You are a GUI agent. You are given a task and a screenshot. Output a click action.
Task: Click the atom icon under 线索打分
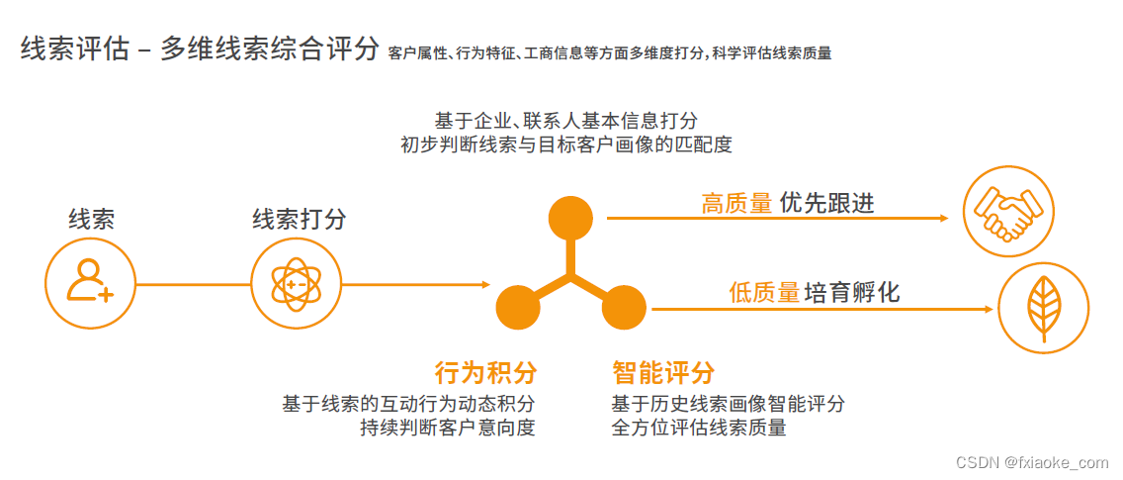tap(296, 284)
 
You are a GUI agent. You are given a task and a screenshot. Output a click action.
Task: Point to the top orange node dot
tap(570, 217)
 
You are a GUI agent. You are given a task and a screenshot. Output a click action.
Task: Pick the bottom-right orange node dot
tap(624, 308)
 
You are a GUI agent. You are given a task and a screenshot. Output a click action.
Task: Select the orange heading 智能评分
tap(662, 373)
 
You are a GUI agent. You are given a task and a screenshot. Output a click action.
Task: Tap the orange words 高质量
tap(736, 204)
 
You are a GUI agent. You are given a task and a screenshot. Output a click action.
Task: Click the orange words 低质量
tap(763, 293)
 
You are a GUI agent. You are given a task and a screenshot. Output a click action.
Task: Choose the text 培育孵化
tap(852, 293)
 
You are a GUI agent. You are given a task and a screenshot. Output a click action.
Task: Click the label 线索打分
tap(300, 219)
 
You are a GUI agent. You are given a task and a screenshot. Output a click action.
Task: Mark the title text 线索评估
tap(75, 49)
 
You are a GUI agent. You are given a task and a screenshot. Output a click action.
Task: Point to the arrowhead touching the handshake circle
tap(950, 217)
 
